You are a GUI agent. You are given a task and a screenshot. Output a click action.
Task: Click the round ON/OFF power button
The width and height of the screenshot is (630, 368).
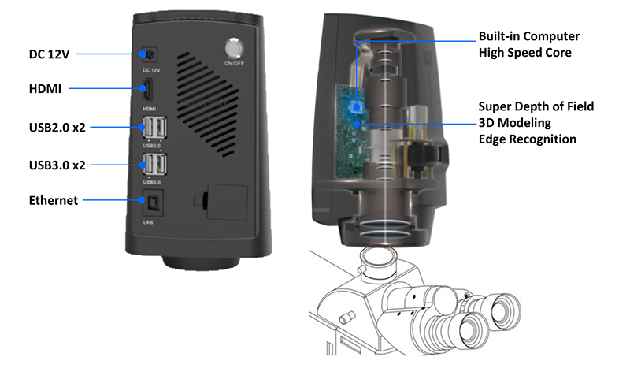click(234, 49)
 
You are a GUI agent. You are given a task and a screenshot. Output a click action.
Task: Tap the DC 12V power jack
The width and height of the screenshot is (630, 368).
click(149, 54)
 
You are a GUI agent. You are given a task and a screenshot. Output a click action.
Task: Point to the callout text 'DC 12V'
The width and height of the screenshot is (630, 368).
click(49, 54)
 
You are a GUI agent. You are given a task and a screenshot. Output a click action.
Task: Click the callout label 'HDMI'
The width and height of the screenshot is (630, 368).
click(45, 89)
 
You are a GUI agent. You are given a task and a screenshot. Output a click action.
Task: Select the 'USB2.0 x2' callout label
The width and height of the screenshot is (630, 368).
click(57, 128)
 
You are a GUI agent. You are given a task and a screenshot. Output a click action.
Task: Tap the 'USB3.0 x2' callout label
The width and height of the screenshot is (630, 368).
click(57, 165)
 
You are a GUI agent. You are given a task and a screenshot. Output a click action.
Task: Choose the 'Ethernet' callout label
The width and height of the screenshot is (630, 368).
click(54, 200)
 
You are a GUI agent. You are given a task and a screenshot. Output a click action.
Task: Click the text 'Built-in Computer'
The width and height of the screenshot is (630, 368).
click(528, 36)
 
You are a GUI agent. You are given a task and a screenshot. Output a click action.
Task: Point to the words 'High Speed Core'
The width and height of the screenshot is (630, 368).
click(524, 53)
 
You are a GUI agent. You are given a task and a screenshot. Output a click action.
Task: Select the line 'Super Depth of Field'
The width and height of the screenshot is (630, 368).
click(536, 106)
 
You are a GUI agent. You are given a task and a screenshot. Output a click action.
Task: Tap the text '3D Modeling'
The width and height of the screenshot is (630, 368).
click(515, 123)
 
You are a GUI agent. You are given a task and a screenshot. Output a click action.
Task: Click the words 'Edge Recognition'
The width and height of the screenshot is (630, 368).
click(527, 139)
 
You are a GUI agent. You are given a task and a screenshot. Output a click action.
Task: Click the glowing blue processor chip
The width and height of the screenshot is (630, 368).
click(356, 107)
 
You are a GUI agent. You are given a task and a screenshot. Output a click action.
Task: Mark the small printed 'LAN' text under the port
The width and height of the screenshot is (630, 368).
click(148, 222)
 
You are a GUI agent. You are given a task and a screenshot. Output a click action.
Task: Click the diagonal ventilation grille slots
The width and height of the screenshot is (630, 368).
click(208, 104)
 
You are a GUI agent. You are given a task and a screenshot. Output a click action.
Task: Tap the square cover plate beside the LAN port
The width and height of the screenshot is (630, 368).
click(227, 202)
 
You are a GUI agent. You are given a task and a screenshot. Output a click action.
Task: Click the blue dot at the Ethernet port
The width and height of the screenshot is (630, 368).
click(142, 200)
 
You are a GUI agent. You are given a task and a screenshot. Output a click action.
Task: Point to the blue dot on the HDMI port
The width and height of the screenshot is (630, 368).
click(143, 88)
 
